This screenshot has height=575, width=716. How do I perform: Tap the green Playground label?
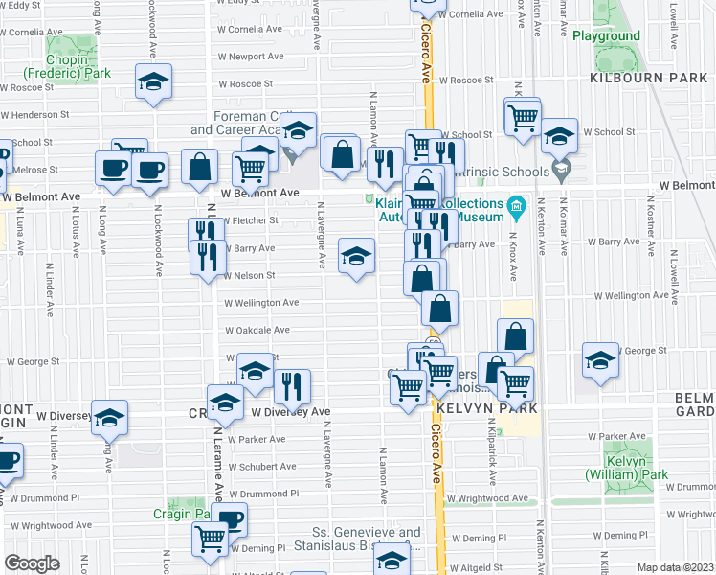coord(606,36)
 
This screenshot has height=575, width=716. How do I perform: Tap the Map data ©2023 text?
coord(675,567)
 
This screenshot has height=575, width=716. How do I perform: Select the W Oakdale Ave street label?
coord(257,331)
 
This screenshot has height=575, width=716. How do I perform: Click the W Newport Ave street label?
coord(253,57)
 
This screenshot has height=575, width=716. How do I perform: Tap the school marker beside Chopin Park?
coord(152,82)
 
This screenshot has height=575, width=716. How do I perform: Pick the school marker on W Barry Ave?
coord(356,256)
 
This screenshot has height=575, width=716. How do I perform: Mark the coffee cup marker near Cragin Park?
coord(230,520)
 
